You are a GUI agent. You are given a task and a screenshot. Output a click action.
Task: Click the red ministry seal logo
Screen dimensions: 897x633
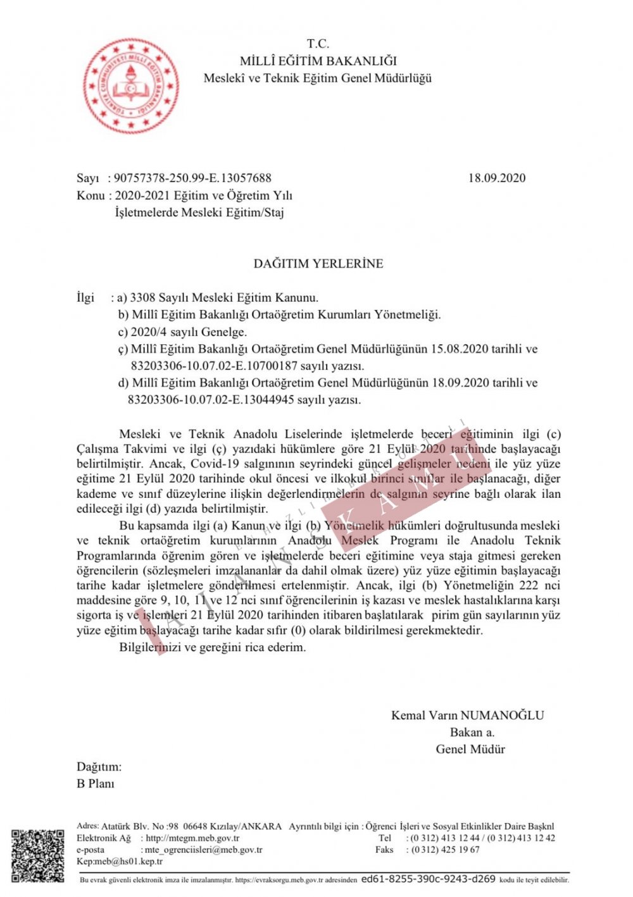pyautogui.click(x=131, y=85)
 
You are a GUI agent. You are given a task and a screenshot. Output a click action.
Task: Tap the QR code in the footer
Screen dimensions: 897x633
pyautogui.click(x=37, y=855)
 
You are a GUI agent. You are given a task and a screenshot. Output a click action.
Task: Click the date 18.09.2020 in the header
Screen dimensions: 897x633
pyautogui.click(x=496, y=178)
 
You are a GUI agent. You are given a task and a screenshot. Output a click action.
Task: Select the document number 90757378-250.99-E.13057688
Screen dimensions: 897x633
pyautogui.click(x=192, y=178)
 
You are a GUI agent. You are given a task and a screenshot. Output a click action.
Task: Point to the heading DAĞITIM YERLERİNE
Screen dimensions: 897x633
pyautogui.click(x=318, y=264)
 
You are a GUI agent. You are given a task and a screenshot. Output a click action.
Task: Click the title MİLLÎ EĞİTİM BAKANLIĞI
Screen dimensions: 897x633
pyautogui.click(x=318, y=61)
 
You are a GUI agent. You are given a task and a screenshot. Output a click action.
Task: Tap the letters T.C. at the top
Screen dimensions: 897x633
pyautogui.click(x=318, y=44)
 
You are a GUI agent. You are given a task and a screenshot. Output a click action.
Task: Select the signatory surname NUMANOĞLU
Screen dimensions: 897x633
pyautogui.click(x=502, y=715)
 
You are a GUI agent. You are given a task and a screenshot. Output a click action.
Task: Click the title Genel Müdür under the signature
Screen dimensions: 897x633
pyautogui.click(x=470, y=750)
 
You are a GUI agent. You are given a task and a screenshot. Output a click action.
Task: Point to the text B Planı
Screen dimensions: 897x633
pyautogui.click(x=96, y=784)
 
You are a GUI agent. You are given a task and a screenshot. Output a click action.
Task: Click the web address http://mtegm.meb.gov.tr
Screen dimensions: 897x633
pyautogui.click(x=192, y=838)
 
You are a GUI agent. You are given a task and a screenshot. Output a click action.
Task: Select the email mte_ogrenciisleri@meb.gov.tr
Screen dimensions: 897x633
pyautogui.click(x=203, y=850)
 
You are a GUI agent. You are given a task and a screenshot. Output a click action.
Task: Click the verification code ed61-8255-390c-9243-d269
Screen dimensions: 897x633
pyautogui.click(x=428, y=879)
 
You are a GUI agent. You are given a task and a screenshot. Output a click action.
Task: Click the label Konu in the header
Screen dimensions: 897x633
pyautogui.click(x=90, y=195)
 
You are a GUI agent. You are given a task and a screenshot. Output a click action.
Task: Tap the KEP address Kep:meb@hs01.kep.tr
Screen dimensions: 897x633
pyautogui.click(x=120, y=862)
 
